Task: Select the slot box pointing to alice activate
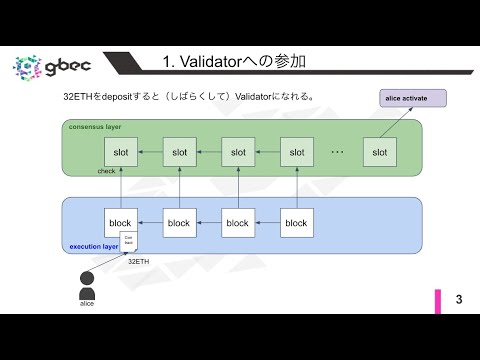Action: pyautogui.click(x=379, y=152)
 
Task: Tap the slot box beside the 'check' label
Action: pyautogui.click(x=120, y=152)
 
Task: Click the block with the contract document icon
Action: pyautogui.click(x=120, y=223)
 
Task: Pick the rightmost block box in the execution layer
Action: pyautogui.click(x=296, y=223)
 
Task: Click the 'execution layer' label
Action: pyautogui.click(x=93, y=246)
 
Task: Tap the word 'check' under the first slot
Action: pyautogui.click(x=106, y=171)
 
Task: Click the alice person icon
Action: pyautogui.click(x=87, y=284)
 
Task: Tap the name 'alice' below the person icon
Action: pyautogui.click(x=87, y=303)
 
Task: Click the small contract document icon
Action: pyautogui.click(x=128, y=241)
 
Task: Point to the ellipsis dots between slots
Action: pyautogui.click(x=337, y=152)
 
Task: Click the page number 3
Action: pyautogui.click(x=459, y=299)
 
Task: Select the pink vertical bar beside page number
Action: pyautogui.click(x=437, y=300)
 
